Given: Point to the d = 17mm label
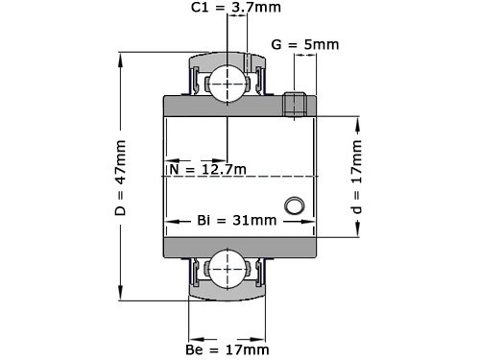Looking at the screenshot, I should pyautogui.click(x=356, y=179).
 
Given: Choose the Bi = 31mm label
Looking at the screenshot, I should pyautogui.click(x=236, y=221).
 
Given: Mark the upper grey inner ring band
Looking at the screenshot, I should pyautogui.click(x=240, y=104).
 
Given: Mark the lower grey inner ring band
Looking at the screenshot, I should pyautogui.click(x=240, y=248).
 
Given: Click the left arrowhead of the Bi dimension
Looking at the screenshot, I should pyautogui.click(x=170, y=221).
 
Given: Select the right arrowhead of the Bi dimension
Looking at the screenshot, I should pyautogui.click(x=312, y=221).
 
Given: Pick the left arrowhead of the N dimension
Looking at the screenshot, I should pyautogui.click(x=170, y=160).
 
